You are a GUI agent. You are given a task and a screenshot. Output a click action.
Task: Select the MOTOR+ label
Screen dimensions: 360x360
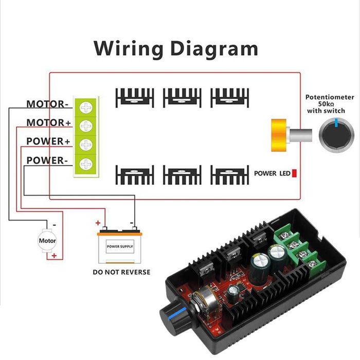49,123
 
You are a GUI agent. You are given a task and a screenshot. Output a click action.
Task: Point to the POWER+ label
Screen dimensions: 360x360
48,141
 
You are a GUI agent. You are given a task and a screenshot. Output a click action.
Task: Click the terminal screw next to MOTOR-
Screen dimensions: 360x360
85,107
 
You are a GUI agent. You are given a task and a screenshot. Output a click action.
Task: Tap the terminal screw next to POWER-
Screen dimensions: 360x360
85,164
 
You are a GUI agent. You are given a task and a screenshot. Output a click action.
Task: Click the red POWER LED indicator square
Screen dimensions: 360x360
295,173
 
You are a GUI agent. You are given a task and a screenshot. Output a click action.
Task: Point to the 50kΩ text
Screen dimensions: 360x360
330,103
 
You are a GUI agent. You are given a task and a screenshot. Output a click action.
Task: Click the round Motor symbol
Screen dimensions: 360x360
47,240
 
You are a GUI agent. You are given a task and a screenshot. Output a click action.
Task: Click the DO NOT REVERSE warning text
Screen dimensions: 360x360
121,271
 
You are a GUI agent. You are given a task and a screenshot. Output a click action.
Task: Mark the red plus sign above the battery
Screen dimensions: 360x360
97,223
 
